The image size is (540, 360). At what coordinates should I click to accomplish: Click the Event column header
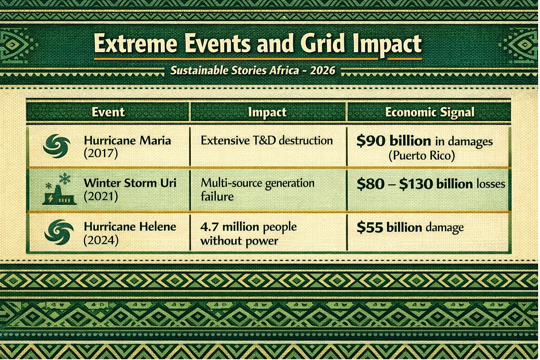(108, 112)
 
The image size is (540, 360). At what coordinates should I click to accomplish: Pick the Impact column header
(267, 112)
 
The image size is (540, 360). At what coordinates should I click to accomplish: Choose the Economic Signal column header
(430, 112)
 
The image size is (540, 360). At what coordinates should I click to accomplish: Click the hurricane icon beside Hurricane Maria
(57, 146)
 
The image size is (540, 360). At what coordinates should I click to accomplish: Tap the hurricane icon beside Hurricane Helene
(59, 232)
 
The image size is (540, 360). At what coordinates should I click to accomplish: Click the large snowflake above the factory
(65, 179)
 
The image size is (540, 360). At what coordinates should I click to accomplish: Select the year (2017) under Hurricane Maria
(101, 153)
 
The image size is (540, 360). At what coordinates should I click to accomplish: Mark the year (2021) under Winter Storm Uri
(101, 196)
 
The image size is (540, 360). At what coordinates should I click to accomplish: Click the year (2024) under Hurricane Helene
(101, 240)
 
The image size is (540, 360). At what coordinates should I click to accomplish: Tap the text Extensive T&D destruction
(266, 141)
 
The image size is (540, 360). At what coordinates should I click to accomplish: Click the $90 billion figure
(394, 141)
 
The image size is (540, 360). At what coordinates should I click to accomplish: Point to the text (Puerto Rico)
(422, 156)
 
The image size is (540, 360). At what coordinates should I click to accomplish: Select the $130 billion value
(435, 184)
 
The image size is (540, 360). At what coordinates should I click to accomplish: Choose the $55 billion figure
(389, 228)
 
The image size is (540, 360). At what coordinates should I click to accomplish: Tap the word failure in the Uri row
(217, 196)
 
